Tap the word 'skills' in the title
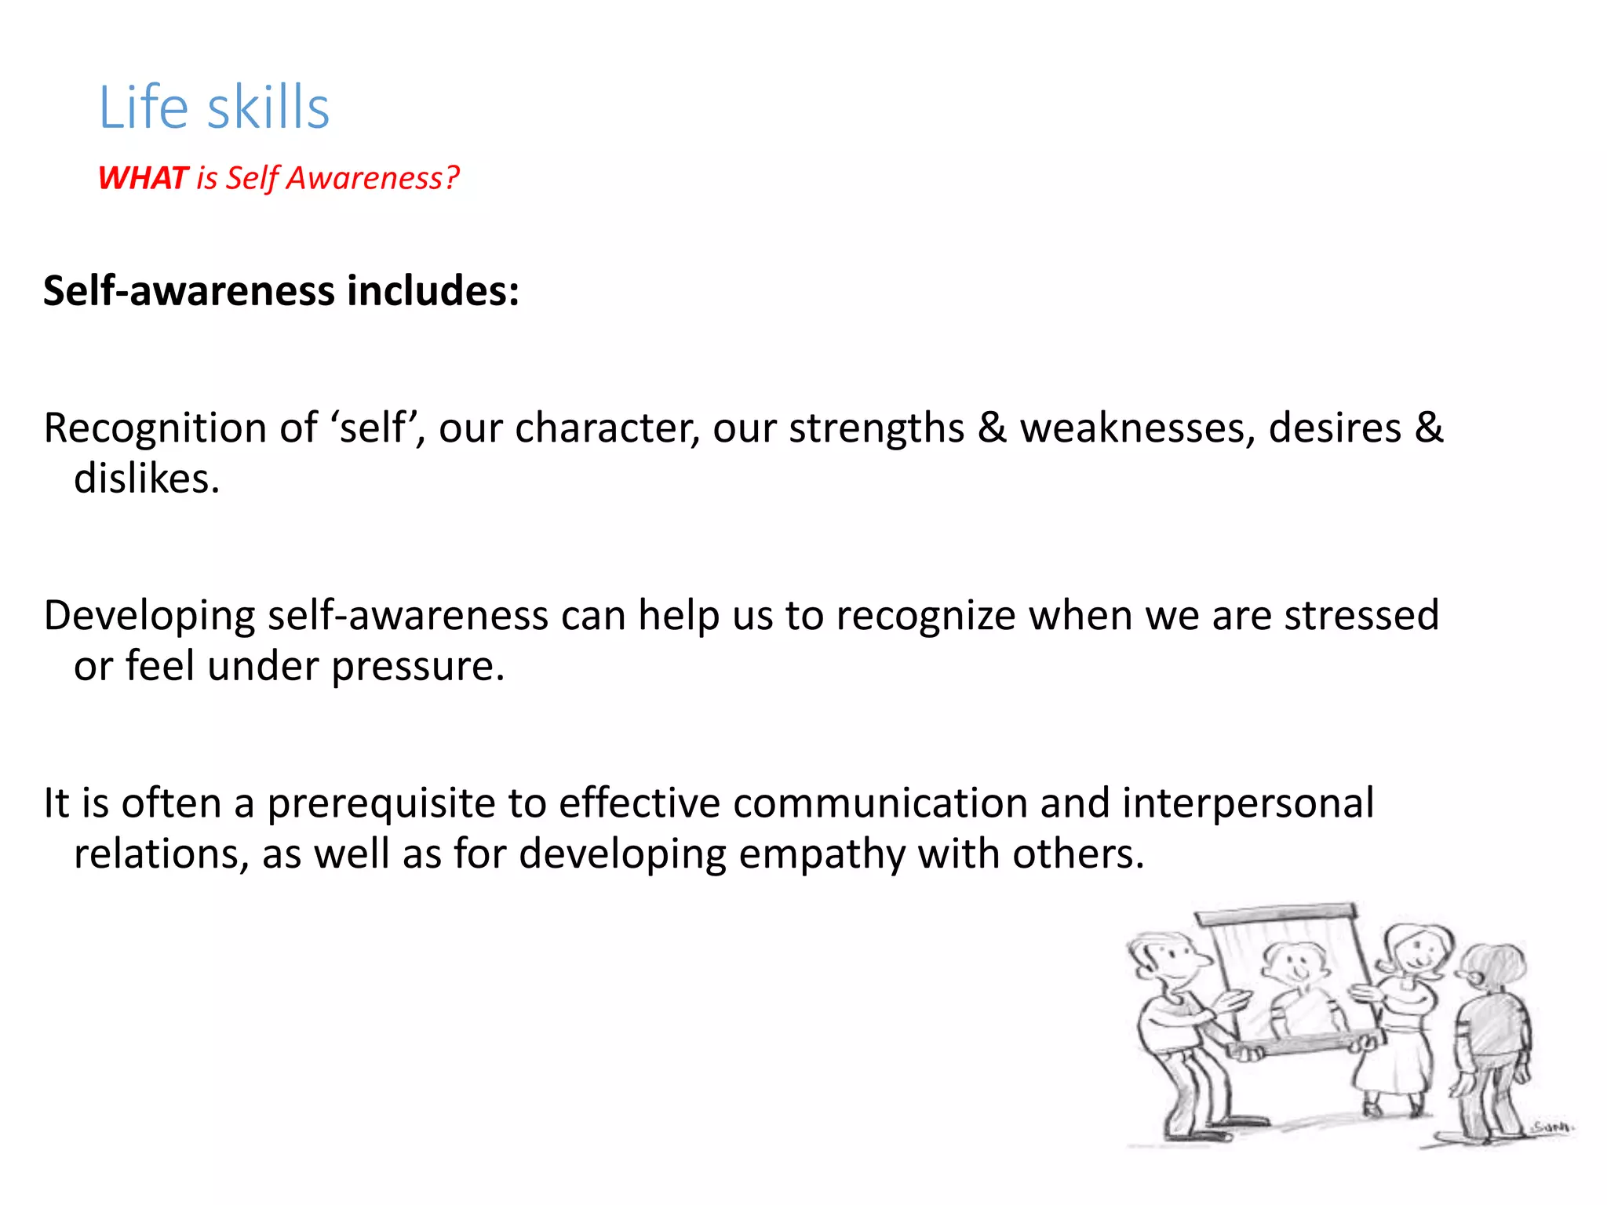[268, 107]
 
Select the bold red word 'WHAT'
[144, 178]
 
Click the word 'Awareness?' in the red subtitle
[373, 178]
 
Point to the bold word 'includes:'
[433, 291]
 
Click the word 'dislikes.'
[147, 479]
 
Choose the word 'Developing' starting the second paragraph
[149, 616]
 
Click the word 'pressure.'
[418, 667]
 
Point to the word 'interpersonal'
[1248, 803]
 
